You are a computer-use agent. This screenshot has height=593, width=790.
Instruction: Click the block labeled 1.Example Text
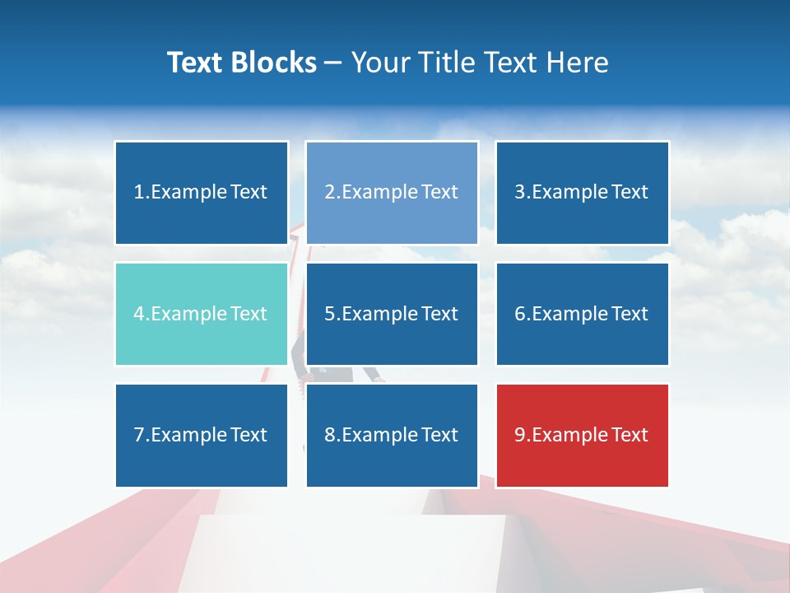pos(202,193)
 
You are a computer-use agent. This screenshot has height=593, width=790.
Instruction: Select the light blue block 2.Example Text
pos(392,193)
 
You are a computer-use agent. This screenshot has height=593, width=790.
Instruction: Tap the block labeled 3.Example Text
pos(582,193)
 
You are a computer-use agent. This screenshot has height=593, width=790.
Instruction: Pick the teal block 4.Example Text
pos(202,314)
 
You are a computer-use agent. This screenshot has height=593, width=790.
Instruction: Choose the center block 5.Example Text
pos(392,314)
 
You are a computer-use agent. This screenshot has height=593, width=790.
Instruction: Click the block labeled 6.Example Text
pos(582,314)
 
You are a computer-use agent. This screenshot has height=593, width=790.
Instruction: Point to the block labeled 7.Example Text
pos(202,435)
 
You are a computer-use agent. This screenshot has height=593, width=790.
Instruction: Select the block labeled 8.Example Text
pos(392,435)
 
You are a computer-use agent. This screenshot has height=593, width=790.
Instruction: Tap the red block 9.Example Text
pos(582,435)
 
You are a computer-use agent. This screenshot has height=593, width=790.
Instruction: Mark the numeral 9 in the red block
pos(520,435)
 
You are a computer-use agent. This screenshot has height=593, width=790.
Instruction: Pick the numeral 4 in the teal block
pos(139,314)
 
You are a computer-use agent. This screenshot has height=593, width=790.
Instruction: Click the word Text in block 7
pos(249,435)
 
